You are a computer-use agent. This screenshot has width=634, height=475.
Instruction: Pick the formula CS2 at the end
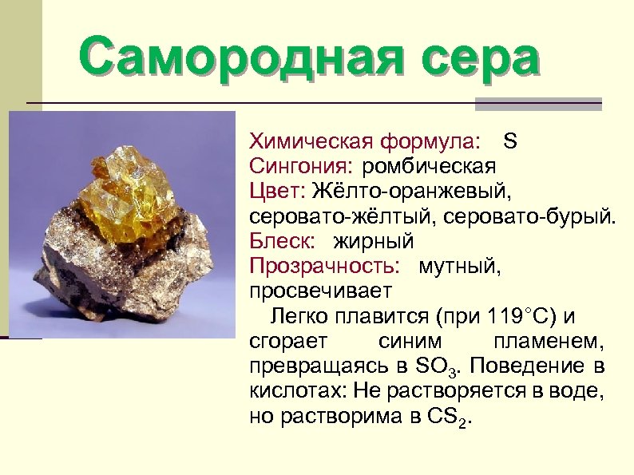tap(450, 418)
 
